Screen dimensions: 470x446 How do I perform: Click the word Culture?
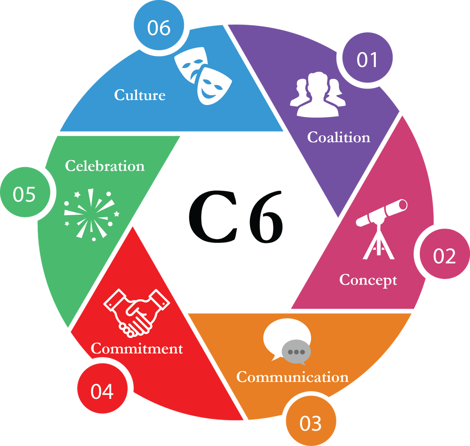[x=140, y=95]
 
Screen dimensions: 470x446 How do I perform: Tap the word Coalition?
[x=338, y=137]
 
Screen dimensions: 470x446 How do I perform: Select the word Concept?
[x=368, y=280]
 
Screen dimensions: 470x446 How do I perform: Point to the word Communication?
[x=292, y=377]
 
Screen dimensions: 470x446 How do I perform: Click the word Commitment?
[x=137, y=349]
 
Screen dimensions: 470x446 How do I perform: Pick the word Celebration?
[x=105, y=166]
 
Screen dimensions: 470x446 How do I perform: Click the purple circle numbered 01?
[x=367, y=60]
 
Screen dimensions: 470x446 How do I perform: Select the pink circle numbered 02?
[x=444, y=256]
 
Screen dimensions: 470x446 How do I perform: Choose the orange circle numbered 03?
[x=311, y=423]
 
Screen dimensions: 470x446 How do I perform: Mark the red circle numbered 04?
[x=102, y=391]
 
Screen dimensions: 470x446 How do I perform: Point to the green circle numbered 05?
[x=24, y=194]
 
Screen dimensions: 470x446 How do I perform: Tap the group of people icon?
[x=320, y=94]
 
